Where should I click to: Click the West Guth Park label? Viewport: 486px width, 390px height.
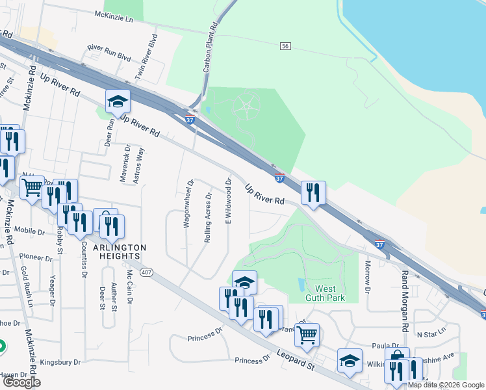click(325, 293)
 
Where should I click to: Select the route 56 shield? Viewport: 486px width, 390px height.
click(285, 45)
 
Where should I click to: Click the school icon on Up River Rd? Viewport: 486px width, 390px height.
click(118, 102)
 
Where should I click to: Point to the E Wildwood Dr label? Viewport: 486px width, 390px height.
click(229, 201)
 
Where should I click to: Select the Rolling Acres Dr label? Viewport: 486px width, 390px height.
click(208, 217)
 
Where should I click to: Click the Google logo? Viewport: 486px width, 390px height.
click(22, 382)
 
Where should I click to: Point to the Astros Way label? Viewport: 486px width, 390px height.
click(137, 165)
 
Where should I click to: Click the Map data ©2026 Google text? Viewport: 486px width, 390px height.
click(446, 385)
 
